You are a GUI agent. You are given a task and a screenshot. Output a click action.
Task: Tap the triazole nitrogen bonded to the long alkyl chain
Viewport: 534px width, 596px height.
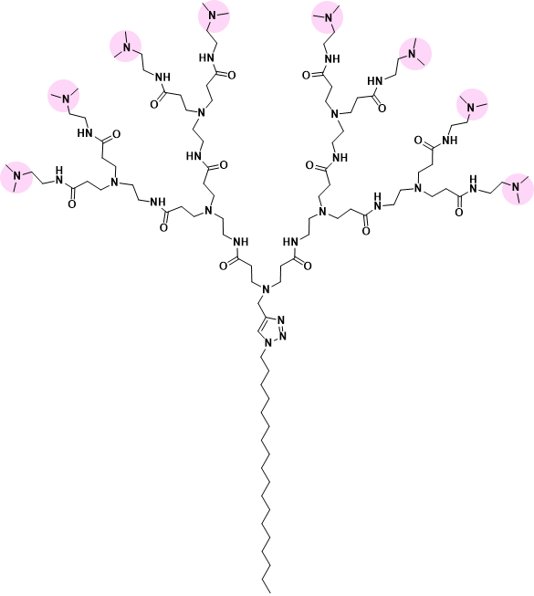[268, 343]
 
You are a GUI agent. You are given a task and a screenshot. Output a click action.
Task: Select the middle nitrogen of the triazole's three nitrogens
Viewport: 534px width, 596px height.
[282, 336]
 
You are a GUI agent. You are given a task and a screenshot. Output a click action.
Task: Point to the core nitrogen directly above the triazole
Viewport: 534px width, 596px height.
[266, 289]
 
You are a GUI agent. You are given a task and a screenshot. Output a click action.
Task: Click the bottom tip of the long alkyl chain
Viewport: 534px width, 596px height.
[270, 592]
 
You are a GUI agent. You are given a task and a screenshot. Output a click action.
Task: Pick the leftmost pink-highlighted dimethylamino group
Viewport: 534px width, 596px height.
[16, 177]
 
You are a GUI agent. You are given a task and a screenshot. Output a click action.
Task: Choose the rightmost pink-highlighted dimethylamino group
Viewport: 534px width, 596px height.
[518, 189]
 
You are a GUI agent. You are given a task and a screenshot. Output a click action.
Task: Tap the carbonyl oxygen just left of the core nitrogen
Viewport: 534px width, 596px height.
[224, 266]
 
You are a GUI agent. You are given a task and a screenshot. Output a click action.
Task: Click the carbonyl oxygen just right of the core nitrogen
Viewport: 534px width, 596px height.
[308, 266]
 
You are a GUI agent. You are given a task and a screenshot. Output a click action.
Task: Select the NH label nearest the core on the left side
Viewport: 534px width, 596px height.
[241, 242]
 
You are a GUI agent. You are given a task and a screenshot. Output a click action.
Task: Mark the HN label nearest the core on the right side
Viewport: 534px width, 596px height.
[290, 242]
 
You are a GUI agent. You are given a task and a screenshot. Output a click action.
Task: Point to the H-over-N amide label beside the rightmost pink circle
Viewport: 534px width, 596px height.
[473, 183]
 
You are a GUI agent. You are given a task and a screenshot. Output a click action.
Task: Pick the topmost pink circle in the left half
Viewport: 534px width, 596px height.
[214, 16]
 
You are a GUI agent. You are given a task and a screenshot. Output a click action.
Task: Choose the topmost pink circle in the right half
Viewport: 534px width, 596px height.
[327, 17]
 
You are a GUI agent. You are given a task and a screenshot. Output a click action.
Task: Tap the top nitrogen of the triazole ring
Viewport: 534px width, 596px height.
[281, 320]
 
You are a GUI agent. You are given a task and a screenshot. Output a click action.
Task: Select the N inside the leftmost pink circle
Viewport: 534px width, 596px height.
[16, 176]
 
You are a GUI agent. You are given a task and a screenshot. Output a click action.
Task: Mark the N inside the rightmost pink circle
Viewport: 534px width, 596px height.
[516, 187]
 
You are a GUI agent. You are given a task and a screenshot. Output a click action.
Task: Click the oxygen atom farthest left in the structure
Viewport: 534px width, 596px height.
[71, 204]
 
